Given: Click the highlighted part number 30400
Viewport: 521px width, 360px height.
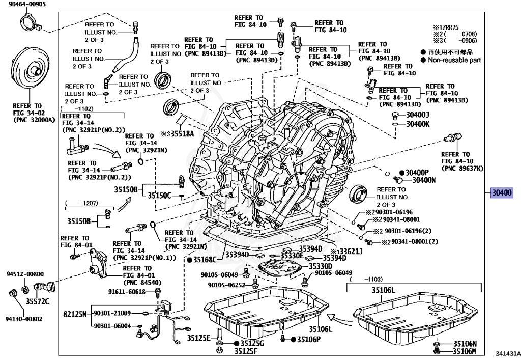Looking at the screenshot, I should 502,193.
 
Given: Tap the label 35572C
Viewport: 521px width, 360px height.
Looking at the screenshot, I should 38,301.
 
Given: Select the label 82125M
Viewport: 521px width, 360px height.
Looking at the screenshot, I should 75,313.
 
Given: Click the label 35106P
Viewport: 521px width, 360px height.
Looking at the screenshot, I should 308,339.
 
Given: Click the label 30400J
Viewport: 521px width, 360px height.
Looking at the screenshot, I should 418,115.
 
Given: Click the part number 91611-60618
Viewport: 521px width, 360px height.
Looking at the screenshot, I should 127,292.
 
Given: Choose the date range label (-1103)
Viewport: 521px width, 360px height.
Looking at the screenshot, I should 373,279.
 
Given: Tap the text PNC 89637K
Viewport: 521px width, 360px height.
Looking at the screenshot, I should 462,168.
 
